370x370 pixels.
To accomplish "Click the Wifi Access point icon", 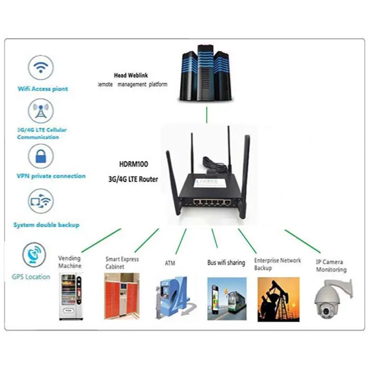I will (x=41, y=67).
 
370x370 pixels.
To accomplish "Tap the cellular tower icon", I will (x=41, y=112).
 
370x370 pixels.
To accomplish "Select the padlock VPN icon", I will (x=41, y=156).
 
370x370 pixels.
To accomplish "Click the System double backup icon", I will (x=41, y=201).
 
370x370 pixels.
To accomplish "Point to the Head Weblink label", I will (x=131, y=76).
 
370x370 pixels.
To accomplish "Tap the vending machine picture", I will (x=71, y=296).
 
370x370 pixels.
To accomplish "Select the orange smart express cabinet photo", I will (x=122, y=296).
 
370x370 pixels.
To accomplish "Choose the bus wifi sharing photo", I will (x=227, y=299).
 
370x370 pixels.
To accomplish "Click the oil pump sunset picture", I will (x=278, y=299).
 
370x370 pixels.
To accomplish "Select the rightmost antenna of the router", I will (x=246, y=169).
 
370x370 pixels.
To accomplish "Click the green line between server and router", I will (x=207, y=114).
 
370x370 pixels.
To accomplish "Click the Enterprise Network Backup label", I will (x=277, y=264).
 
